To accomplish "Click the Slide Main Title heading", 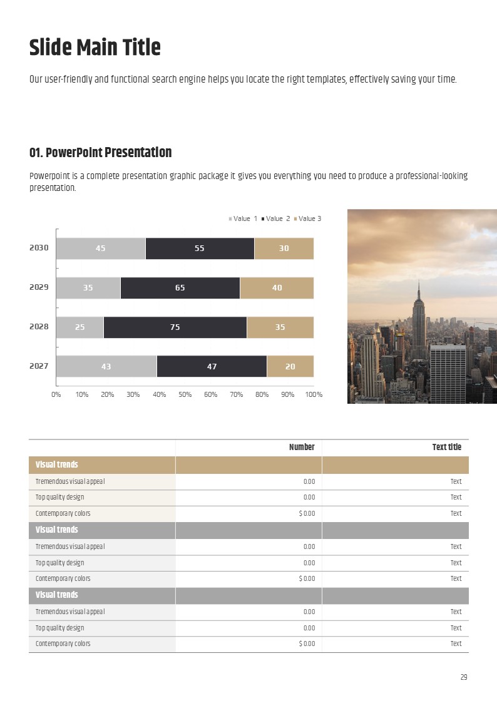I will tap(95, 48).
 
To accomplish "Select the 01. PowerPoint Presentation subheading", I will tap(100, 153).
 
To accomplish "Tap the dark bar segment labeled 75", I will tap(175, 327).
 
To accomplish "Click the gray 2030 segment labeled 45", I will tap(101, 249).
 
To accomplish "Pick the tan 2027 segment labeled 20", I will tap(290, 366).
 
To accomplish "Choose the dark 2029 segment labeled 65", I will tap(180, 288).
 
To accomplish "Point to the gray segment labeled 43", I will tap(106, 366).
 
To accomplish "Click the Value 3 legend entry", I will tap(307, 218).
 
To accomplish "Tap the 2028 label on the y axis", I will tap(39, 327).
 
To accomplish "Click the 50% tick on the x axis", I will tap(185, 394).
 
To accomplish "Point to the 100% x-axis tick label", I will tap(314, 394).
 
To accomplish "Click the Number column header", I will tap(302, 447).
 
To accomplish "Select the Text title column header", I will tap(446, 447).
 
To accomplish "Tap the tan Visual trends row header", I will tap(57, 464).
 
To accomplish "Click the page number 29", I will tap(463, 677).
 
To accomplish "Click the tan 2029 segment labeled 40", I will tap(277, 288).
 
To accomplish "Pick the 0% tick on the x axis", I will tap(56, 394).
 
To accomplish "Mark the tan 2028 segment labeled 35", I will tap(280, 327).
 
